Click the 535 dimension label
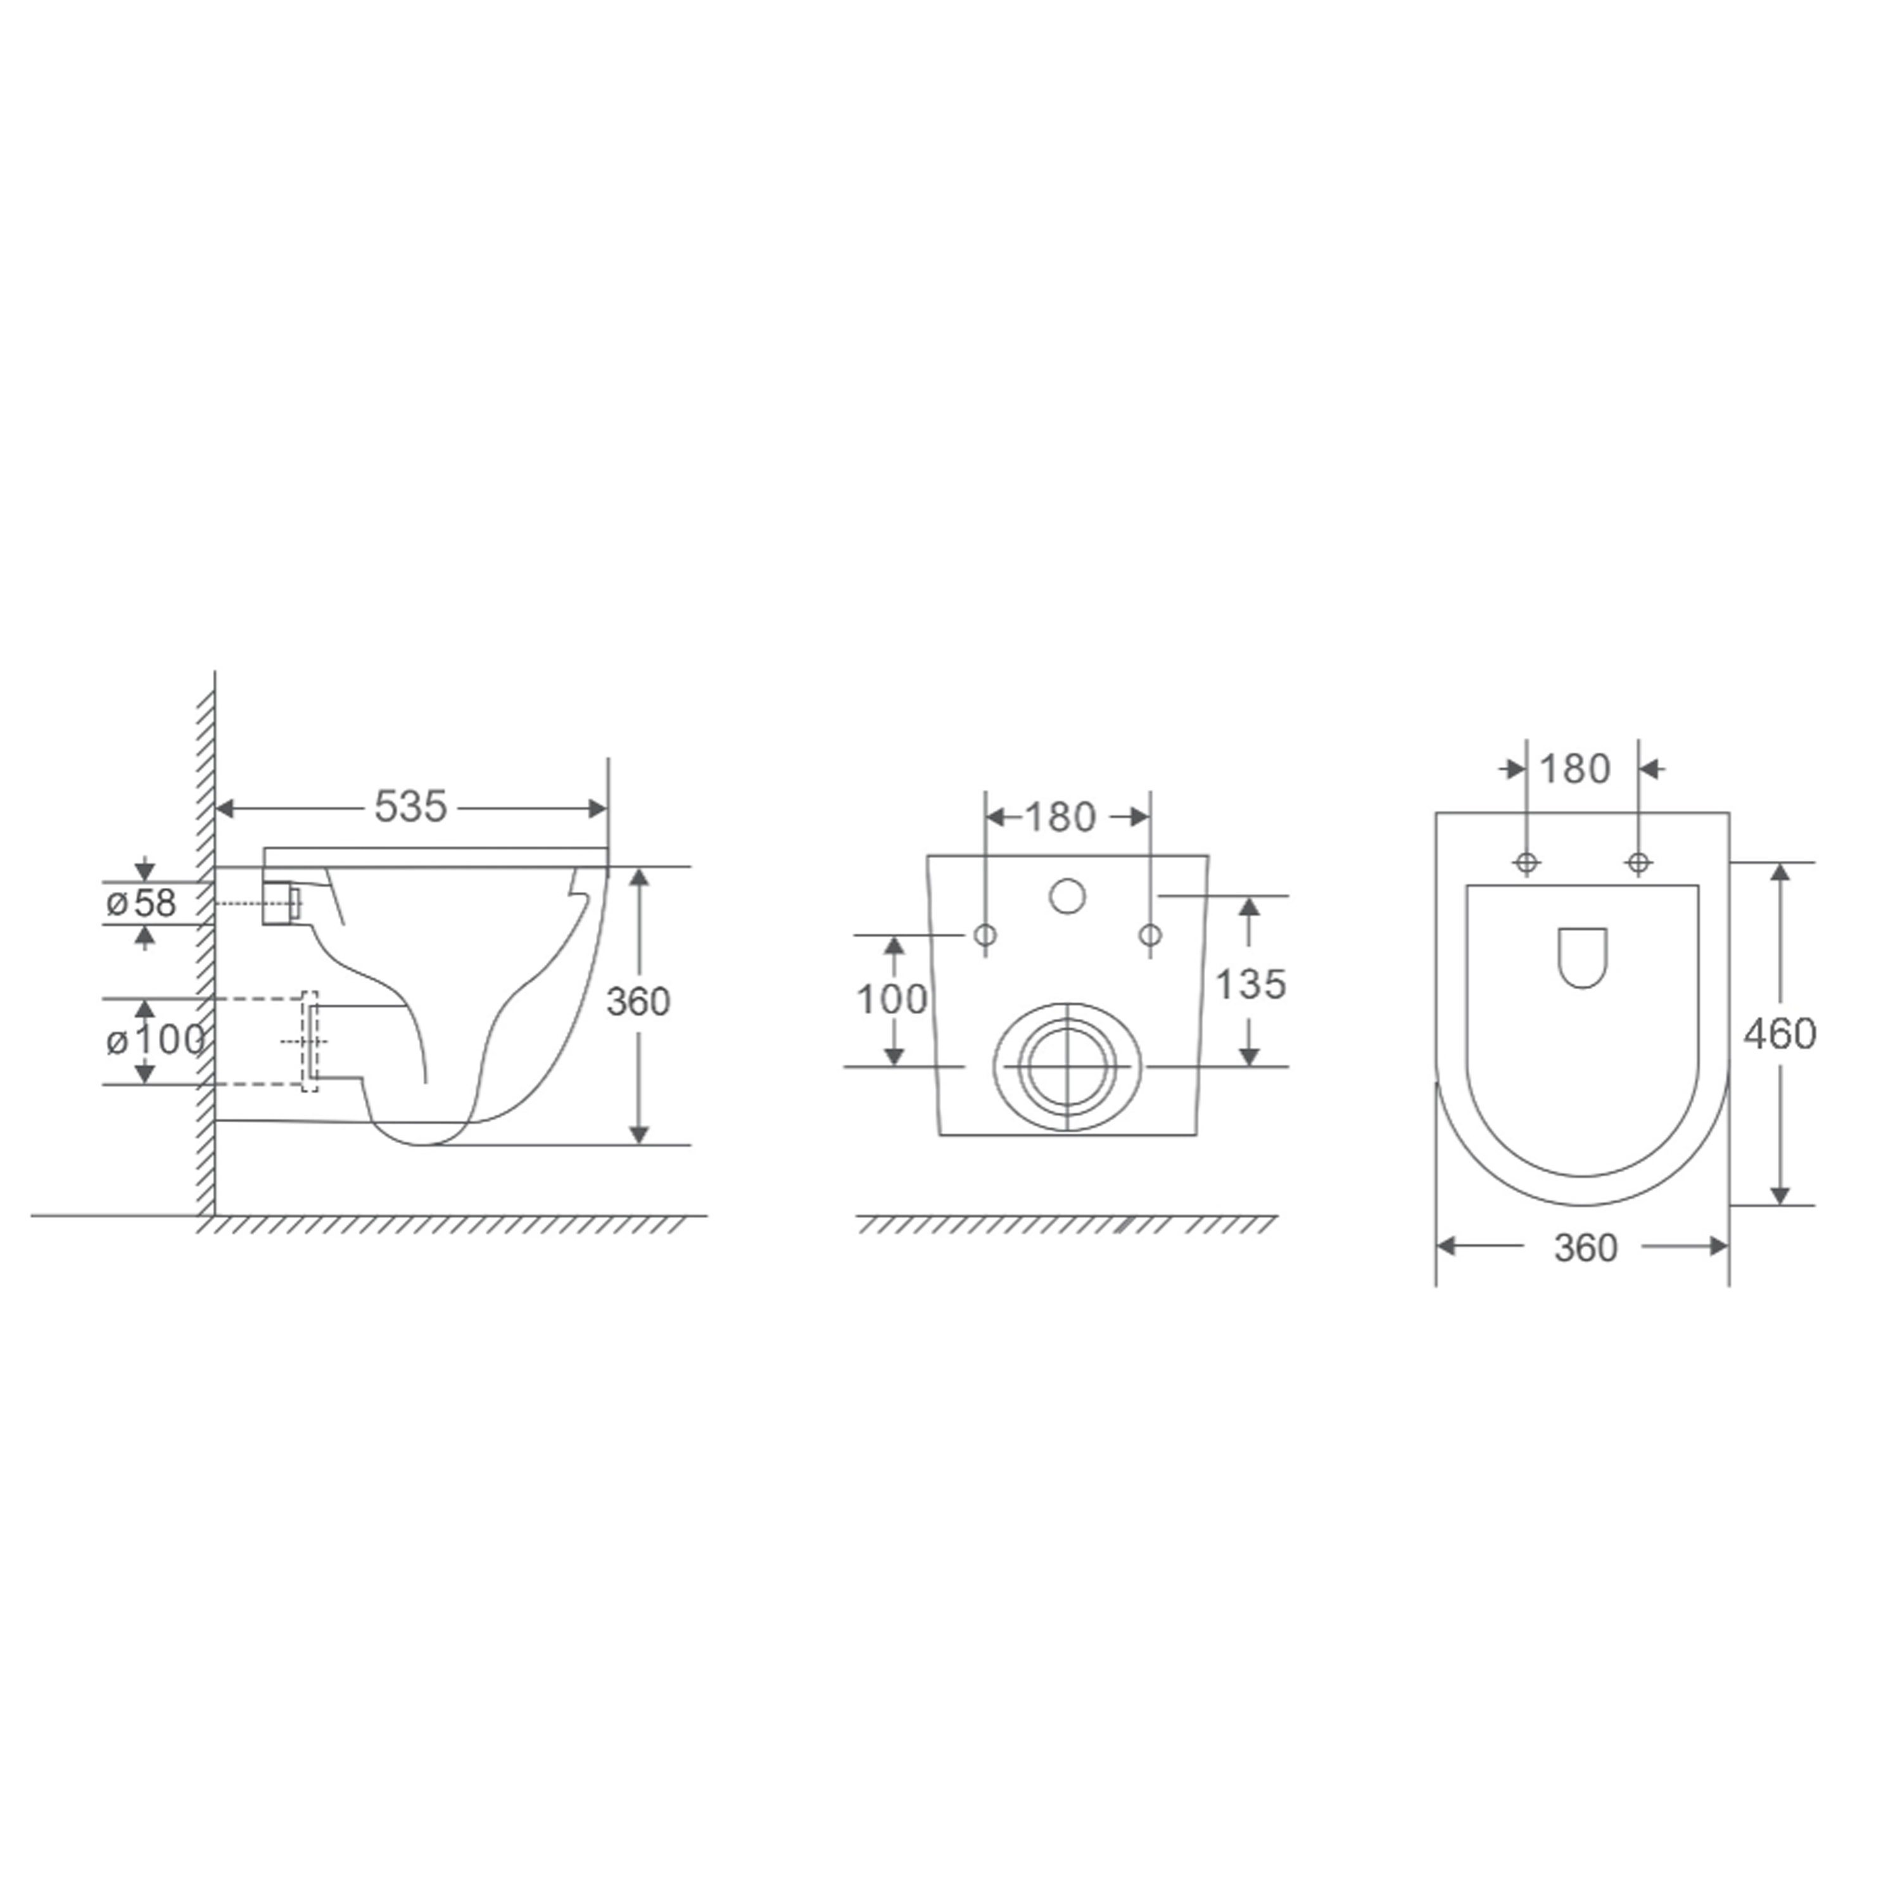(x=410, y=807)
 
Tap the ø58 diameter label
(x=142, y=902)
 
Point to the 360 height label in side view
(x=638, y=1002)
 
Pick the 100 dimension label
(x=892, y=1000)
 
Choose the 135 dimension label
(x=1251, y=984)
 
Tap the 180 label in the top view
(x=1574, y=769)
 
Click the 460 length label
(x=1780, y=1034)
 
